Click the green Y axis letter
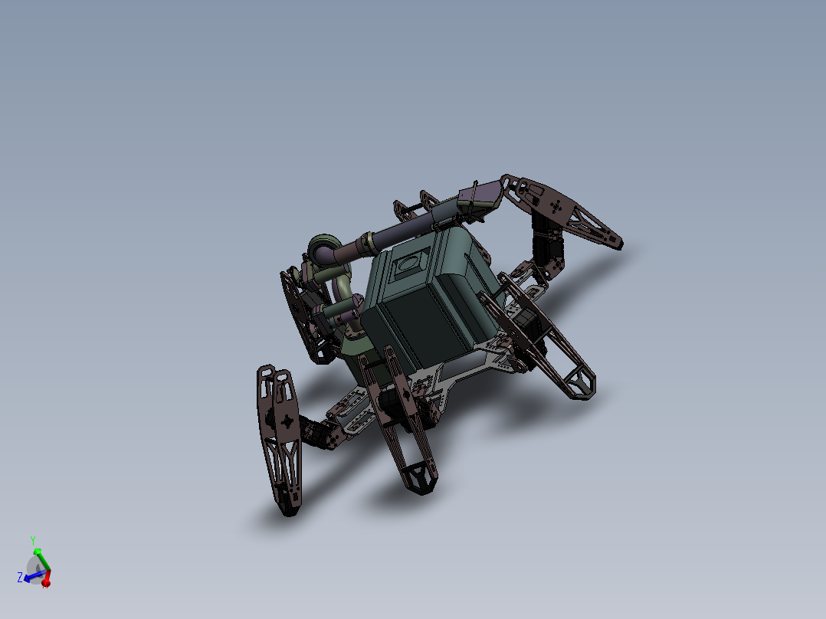click(x=33, y=540)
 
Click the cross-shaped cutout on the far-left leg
click(x=287, y=421)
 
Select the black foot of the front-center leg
click(x=418, y=478)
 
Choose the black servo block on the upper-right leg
click(x=549, y=245)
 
